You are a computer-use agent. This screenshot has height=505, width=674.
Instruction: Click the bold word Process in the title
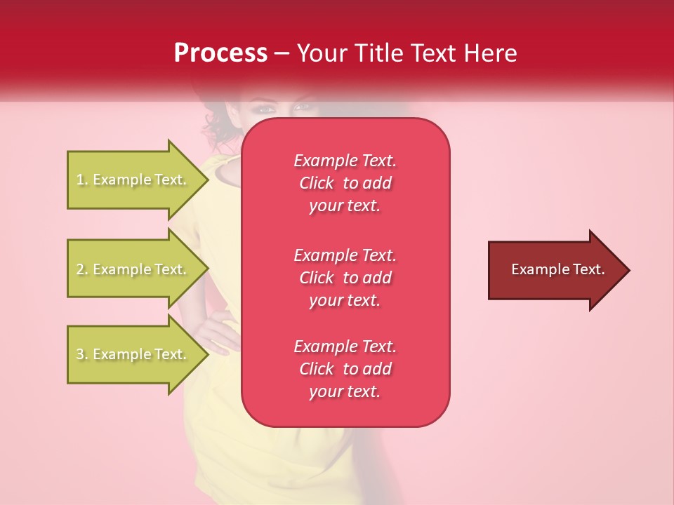(x=220, y=53)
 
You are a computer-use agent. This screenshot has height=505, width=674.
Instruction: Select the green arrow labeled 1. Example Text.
(x=133, y=180)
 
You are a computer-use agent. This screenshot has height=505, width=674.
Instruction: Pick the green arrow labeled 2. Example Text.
(x=133, y=269)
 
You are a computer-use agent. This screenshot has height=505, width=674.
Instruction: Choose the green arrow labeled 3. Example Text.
(x=133, y=354)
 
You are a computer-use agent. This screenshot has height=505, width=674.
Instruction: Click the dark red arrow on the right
(x=555, y=270)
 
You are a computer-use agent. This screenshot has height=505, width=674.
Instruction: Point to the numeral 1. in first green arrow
(x=82, y=180)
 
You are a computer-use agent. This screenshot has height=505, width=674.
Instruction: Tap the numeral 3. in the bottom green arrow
(x=82, y=355)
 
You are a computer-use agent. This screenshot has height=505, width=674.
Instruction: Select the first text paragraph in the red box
(x=345, y=183)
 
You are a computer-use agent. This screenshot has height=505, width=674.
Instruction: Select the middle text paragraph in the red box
(x=345, y=278)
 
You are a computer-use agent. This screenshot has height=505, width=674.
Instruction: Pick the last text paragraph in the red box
(x=345, y=369)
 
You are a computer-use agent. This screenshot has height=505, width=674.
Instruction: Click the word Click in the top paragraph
(x=317, y=184)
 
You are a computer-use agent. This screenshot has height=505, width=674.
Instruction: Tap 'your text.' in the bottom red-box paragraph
(x=345, y=392)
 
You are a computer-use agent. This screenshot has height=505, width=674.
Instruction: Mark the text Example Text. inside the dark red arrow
(x=557, y=269)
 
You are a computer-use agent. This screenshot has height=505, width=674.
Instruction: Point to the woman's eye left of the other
(x=266, y=109)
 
